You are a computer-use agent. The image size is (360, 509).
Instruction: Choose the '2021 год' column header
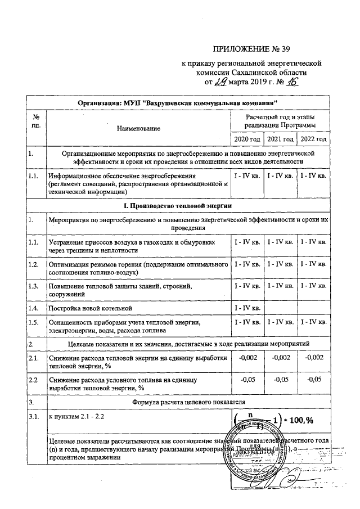click(281, 139)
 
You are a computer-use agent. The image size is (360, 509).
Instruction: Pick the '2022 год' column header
click(314, 139)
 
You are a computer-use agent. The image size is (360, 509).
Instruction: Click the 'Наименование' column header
click(138, 129)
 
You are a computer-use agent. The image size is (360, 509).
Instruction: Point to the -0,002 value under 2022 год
click(314, 357)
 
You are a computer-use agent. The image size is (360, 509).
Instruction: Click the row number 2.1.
click(34, 357)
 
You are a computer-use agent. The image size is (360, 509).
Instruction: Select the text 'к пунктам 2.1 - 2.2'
click(76, 417)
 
